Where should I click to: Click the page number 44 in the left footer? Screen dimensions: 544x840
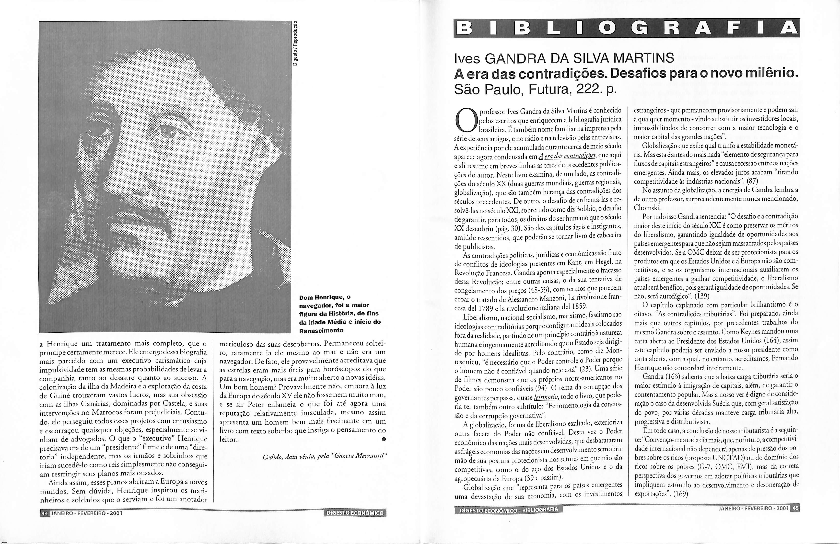point(45,513)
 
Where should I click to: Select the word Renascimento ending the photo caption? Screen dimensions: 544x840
point(321,330)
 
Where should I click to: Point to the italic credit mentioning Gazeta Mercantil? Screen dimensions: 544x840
point(325,457)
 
